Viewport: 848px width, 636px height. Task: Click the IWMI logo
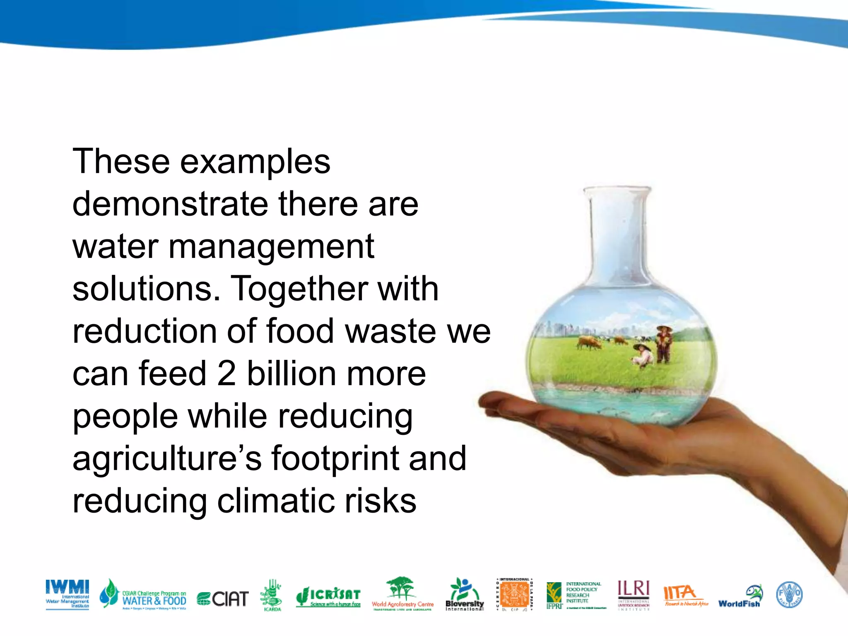pyautogui.click(x=67, y=594)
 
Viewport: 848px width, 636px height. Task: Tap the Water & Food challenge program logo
pyautogui.click(x=143, y=595)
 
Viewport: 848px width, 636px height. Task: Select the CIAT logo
pyautogui.click(x=223, y=599)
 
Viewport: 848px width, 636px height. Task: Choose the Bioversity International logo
pyautogui.click(x=465, y=595)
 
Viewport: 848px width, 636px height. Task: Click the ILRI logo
pyautogui.click(x=634, y=595)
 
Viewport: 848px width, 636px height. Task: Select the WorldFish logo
pyautogui.click(x=740, y=597)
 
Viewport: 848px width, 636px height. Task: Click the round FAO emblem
pyautogui.click(x=789, y=595)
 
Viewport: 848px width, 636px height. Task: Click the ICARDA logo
pyautogui.click(x=272, y=595)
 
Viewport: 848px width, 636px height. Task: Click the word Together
pyautogui.click(x=300, y=289)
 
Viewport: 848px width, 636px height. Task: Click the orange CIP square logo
pyautogui.click(x=515, y=595)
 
